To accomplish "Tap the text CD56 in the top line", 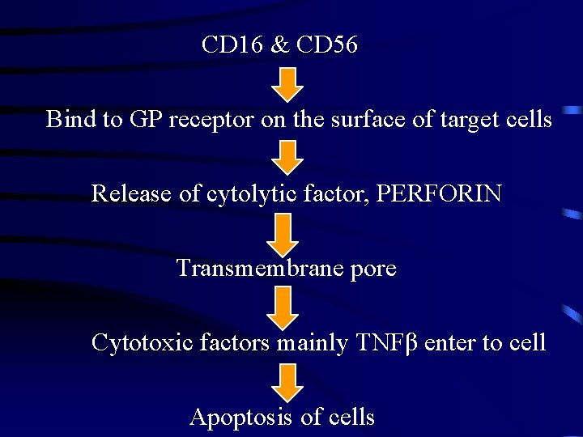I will (327, 45).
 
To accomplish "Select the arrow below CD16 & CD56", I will (286, 83).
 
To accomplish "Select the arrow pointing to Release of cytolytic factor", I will (286, 156).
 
